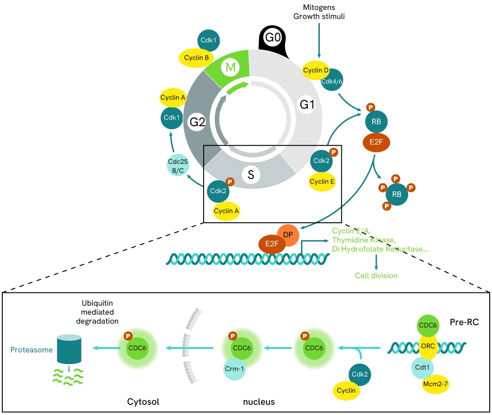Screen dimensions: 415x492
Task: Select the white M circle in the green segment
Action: click(230, 68)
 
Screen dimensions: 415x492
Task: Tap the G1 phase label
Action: click(307, 105)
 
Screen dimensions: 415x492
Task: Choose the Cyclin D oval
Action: click(315, 70)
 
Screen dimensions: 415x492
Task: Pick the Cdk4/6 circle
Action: click(332, 81)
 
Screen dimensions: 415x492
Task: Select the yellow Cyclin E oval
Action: click(322, 181)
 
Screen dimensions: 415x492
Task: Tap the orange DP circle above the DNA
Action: click(288, 234)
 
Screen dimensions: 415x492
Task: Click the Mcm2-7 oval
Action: click(436, 384)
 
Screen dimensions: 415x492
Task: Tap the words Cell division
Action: click(376, 276)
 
